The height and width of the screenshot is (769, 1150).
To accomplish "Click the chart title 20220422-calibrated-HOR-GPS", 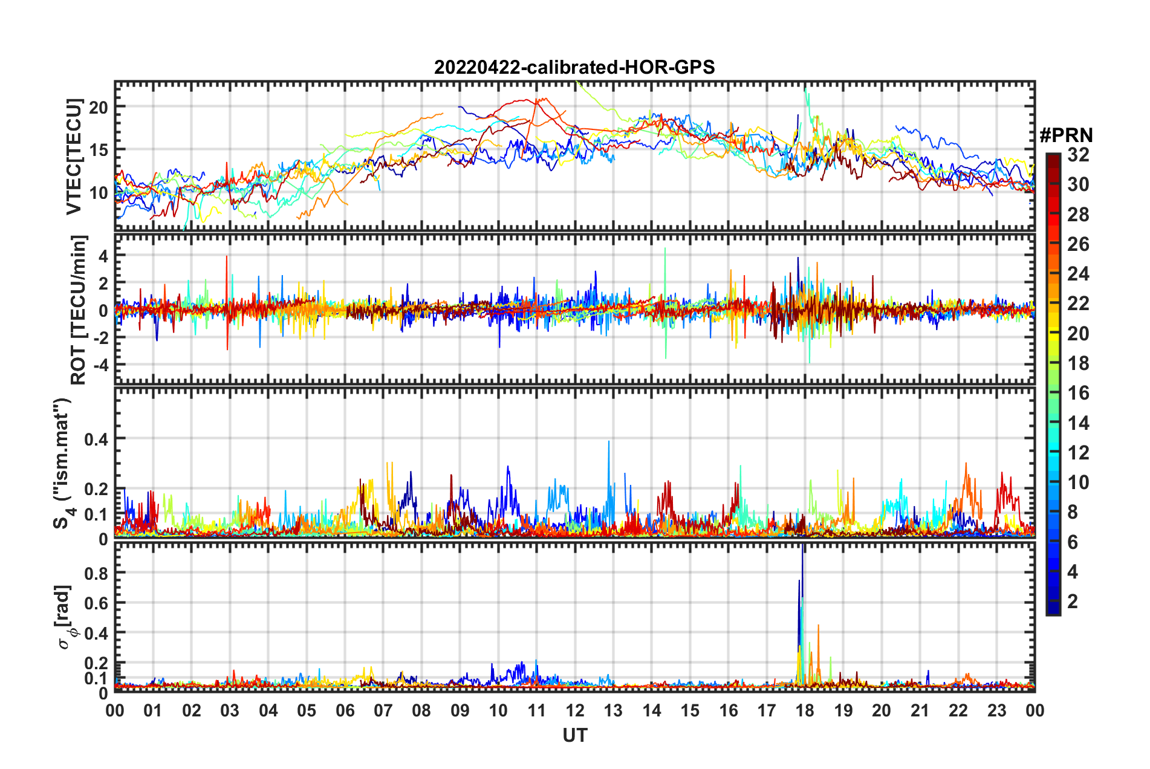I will [574, 67].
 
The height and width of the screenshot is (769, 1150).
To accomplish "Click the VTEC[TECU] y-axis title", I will [74, 156].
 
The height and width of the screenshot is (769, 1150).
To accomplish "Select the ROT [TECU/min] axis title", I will [78, 310].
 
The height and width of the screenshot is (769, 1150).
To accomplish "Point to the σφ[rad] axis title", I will [65, 617].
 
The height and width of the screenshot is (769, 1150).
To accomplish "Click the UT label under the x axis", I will [574, 735].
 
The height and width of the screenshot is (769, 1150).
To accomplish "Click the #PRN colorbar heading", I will [1066, 135].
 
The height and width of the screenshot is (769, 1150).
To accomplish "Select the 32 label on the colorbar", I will [1078, 155].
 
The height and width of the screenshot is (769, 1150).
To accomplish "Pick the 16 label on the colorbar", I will [1078, 393].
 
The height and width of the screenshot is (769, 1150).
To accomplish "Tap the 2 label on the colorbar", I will [1073, 601].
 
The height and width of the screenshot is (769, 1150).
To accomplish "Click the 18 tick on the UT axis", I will [805, 710].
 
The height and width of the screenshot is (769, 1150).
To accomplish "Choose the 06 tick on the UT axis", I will [345, 710].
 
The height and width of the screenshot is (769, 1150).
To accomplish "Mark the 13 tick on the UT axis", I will [613, 710].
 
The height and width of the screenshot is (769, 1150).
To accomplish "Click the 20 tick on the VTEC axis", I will [99, 108].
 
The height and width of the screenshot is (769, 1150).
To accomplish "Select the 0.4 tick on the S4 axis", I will [97, 439].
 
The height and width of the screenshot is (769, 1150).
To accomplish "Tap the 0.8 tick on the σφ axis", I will [97, 573].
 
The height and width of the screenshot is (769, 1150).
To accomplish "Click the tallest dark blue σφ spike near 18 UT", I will [802, 548].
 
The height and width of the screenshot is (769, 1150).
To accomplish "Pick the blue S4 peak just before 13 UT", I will [609, 443].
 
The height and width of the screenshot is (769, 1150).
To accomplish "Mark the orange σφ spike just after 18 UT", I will [818, 627].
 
